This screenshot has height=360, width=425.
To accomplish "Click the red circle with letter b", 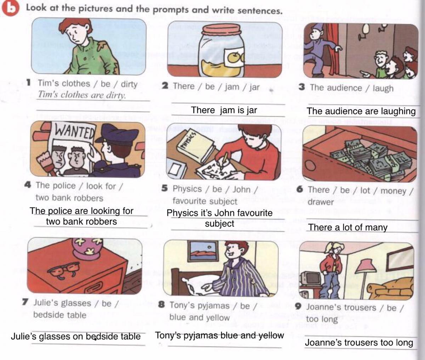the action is coord(10,8).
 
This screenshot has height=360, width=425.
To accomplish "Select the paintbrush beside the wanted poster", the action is coord(46,163).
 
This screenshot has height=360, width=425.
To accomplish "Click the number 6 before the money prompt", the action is coord(300,189).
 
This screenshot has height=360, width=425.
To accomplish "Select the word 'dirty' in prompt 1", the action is coord(129,84).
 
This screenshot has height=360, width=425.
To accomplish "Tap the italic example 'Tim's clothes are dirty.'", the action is coord(81,95).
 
